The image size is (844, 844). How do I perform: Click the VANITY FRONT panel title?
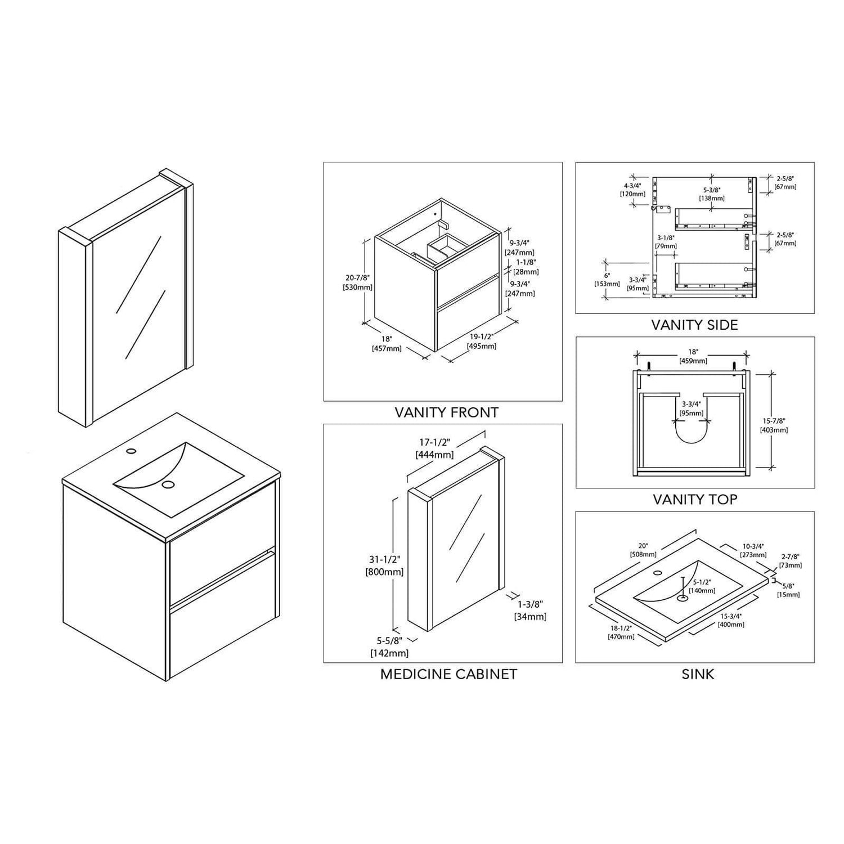coord(446,412)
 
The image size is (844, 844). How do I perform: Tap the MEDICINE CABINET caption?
coord(448,674)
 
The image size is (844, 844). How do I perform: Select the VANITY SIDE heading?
coord(694,325)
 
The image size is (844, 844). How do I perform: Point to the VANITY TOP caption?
coord(695,500)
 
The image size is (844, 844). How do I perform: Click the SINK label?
coord(698,674)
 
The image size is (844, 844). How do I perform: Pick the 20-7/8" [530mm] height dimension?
coord(358,282)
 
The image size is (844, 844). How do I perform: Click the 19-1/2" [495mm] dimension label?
coord(482,341)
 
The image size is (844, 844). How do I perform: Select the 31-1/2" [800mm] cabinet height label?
coord(385,565)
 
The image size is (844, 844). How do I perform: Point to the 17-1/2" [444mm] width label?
coord(434,448)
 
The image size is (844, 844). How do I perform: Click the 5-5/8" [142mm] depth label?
coord(389,647)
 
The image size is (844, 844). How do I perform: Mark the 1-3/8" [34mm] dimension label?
coord(530,610)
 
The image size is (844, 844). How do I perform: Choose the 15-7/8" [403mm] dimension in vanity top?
coord(774,425)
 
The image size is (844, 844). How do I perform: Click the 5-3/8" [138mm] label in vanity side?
coord(712,194)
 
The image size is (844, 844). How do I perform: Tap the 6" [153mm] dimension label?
coord(607,280)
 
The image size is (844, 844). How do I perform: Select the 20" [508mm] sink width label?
coord(643,550)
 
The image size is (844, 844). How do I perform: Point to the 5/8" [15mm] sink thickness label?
coord(788,590)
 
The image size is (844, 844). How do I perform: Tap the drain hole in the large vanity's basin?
coord(167,484)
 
